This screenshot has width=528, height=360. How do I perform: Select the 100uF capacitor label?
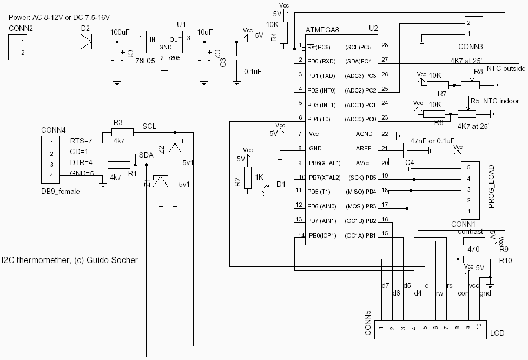(120, 32)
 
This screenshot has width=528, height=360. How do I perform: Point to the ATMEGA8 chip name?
(324, 29)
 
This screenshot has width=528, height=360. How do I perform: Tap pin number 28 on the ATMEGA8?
(384, 45)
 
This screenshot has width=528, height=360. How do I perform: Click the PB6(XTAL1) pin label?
(325, 163)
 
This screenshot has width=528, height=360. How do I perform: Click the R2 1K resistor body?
(248, 178)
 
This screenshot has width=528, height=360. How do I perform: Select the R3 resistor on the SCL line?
(122, 132)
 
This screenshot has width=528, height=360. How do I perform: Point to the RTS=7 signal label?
(82, 141)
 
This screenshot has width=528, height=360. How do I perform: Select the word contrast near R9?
(470, 232)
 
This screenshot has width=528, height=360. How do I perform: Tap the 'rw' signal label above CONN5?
(439, 293)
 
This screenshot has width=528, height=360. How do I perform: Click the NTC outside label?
(505, 69)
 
